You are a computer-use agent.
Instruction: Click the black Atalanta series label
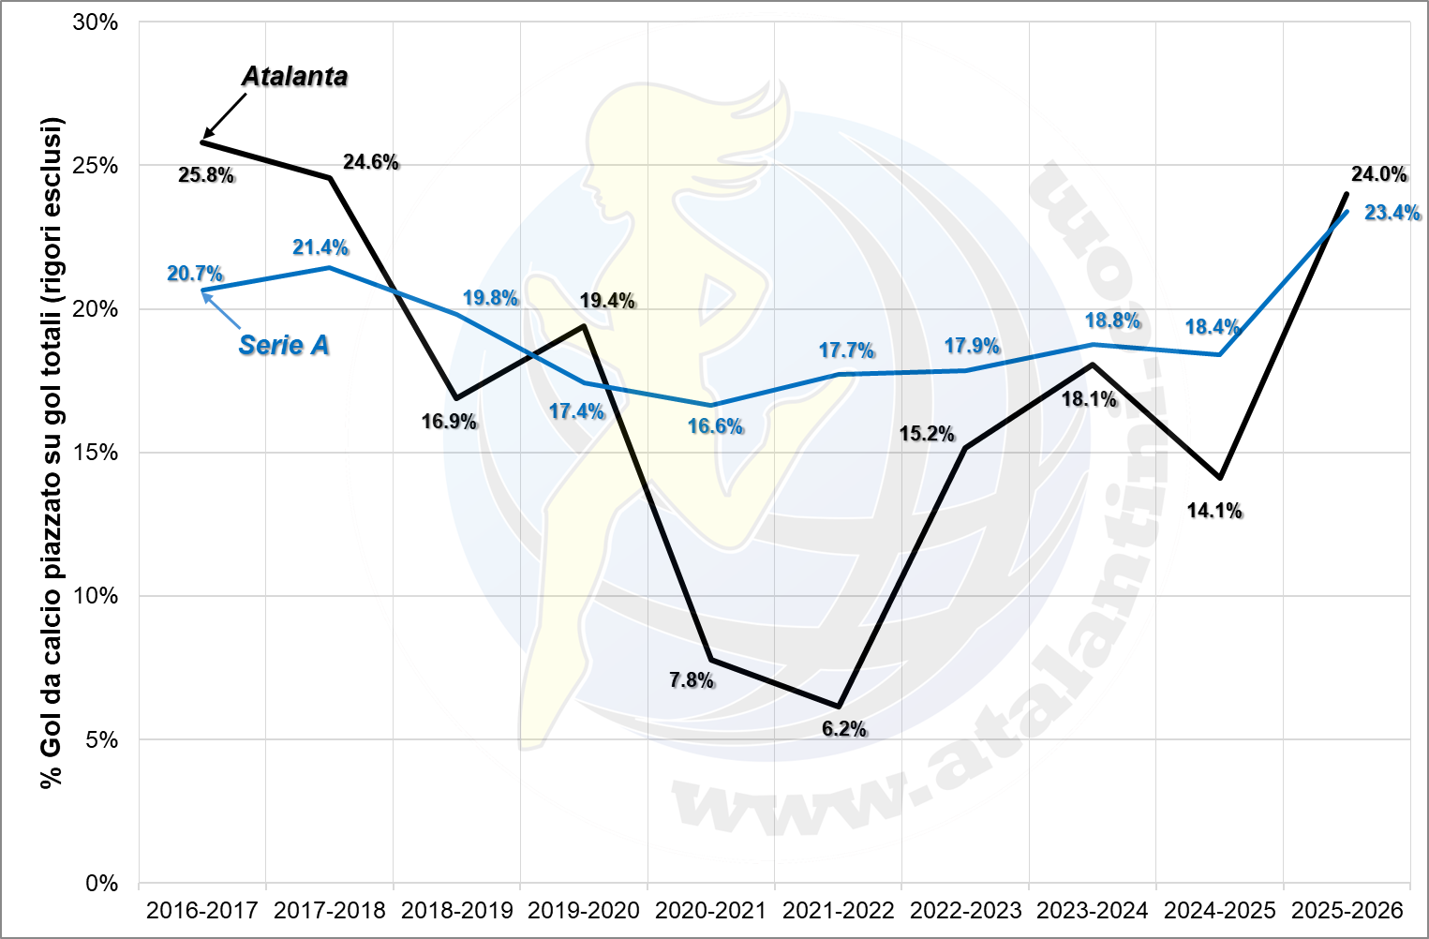tap(294, 77)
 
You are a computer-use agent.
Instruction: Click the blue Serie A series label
tap(284, 346)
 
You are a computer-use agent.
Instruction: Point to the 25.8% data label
tap(206, 175)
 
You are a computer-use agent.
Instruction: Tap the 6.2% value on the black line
tap(844, 729)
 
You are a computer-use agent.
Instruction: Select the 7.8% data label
tap(692, 680)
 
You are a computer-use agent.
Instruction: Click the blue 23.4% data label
tap(1392, 213)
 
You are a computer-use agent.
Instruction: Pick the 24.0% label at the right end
tap(1378, 174)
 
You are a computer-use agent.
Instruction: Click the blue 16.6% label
tap(715, 426)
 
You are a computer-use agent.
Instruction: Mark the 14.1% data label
tap(1214, 511)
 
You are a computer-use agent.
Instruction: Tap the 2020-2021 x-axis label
tap(710, 910)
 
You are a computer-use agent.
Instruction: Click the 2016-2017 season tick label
tap(201, 910)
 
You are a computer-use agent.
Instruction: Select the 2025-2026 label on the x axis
tap(1347, 910)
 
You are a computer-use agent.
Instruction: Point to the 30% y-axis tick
tap(96, 22)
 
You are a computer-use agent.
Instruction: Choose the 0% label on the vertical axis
tap(101, 884)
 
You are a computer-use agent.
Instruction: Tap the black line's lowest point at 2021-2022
tap(839, 706)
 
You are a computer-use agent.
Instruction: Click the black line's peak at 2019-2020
tap(584, 326)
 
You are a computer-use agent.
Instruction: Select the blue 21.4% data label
tap(320, 247)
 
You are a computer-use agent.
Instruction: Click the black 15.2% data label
tap(927, 434)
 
